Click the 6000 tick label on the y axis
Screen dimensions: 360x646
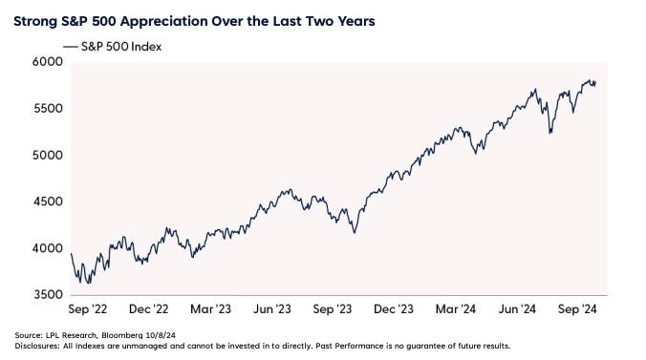pyautogui.click(x=48, y=62)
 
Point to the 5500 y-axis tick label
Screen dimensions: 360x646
pyautogui.click(x=48, y=109)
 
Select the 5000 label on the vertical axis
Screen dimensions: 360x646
pyautogui.click(x=48, y=156)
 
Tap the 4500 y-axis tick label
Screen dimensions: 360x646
pyautogui.click(x=48, y=202)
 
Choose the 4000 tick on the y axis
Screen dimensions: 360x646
pyautogui.click(x=48, y=249)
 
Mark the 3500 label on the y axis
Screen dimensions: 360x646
pyautogui.click(x=48, y=296)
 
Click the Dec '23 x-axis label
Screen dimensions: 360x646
pyautogui.click(x=399, y=310)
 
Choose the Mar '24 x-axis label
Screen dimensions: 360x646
pyautogui.click(x=461, y=310)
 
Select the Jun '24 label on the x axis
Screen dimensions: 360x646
pyautogui.click(x=522, y=310)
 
